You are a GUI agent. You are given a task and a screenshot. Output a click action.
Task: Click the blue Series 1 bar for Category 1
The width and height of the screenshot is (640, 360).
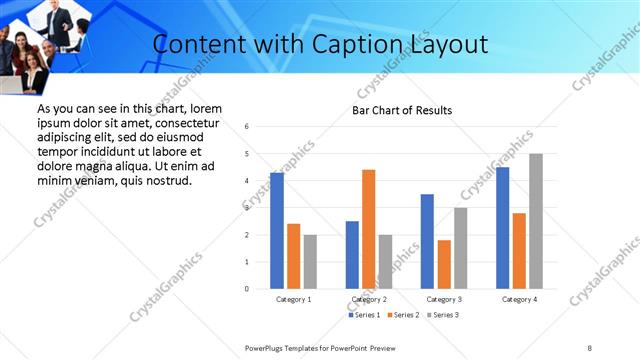coord(277,231)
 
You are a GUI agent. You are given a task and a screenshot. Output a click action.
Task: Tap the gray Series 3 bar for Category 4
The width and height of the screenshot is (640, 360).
coord(536,221)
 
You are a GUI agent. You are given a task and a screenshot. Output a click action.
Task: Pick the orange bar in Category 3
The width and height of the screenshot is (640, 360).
coord(444,264)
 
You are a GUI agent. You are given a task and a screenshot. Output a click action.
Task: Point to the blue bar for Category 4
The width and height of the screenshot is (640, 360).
coord(502,228)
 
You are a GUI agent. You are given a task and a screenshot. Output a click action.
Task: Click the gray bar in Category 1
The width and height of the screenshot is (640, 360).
coord(311,262)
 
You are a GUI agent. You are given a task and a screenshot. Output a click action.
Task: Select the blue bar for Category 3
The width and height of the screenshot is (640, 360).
coord(427,241)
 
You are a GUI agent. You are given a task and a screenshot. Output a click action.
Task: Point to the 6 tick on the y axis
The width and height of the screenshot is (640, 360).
coord(247,127)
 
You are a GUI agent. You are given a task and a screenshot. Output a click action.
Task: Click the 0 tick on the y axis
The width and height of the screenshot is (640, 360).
coord(247,289)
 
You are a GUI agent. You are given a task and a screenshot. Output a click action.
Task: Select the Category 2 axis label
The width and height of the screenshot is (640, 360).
coord(369,299)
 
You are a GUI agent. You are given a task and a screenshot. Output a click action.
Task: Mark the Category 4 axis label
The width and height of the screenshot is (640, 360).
coord(519,299)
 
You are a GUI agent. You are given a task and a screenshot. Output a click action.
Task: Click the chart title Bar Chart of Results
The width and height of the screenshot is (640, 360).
coord(402,110)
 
